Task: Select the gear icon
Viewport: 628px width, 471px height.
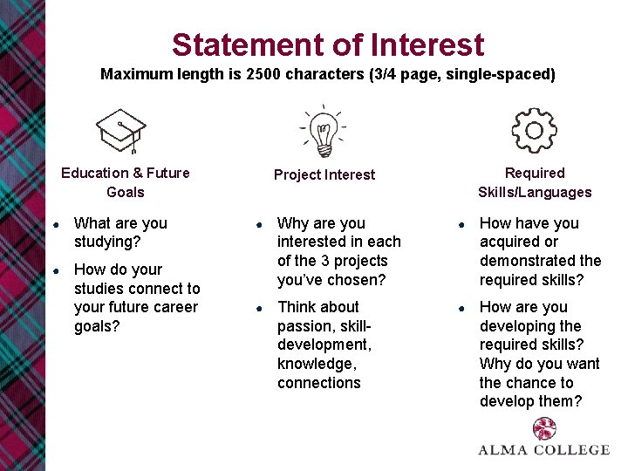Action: click(x=534, y=130)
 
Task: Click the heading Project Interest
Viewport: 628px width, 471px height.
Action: click(x=324, y=174)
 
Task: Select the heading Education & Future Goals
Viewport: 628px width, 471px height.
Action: click(x=126, y=182)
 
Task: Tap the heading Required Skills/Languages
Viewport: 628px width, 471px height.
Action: click(x=534, y=182)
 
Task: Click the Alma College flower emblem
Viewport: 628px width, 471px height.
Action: click(x=544, y=428)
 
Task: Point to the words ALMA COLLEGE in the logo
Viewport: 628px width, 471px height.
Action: click(x=544, y=450)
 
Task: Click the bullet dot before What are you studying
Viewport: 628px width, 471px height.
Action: click(x=55, y=224)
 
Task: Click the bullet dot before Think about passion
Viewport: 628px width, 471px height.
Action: click(x=258, y=308)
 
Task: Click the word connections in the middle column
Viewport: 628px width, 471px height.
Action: click(x=319, y=383)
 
